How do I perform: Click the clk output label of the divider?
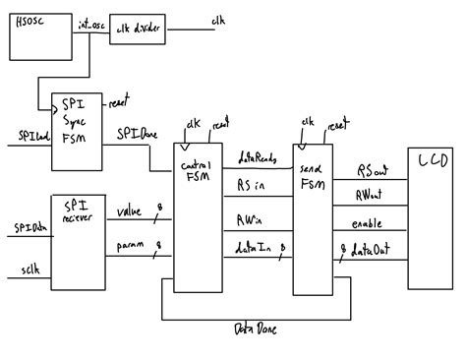tap(217, 20)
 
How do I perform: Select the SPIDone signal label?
tap(134, 132)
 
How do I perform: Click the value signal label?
tap(129, 211)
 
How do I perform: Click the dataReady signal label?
tap(258, 155)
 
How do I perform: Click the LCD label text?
tap(434, 159)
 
